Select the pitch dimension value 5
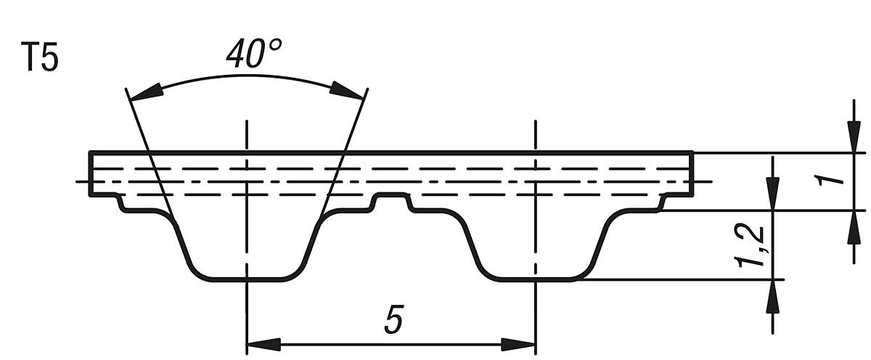pos(393,320)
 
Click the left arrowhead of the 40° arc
pos(144,91)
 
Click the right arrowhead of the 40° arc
pos(346,89)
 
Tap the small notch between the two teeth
pos(391,196)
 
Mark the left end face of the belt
pos(90,174)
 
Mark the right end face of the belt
pos(692,174)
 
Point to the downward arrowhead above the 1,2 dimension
pos(773,193)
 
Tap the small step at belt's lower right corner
pos(662,203)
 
